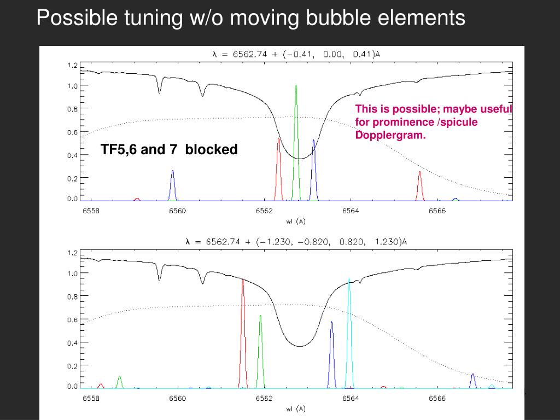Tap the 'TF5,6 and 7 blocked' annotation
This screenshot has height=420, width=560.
click(x=169, y=149)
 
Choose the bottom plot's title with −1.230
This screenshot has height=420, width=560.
click(x=296, y=242)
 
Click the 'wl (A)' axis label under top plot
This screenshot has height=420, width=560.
click(x=296, y=221)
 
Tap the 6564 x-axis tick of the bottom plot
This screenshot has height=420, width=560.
click(x=350, y=398)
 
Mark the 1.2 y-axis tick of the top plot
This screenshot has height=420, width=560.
click(x=72, y=65)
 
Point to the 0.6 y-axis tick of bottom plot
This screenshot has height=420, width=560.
click(x=72, y=320)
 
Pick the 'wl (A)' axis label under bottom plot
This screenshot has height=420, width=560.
click(x=296, y=409)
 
